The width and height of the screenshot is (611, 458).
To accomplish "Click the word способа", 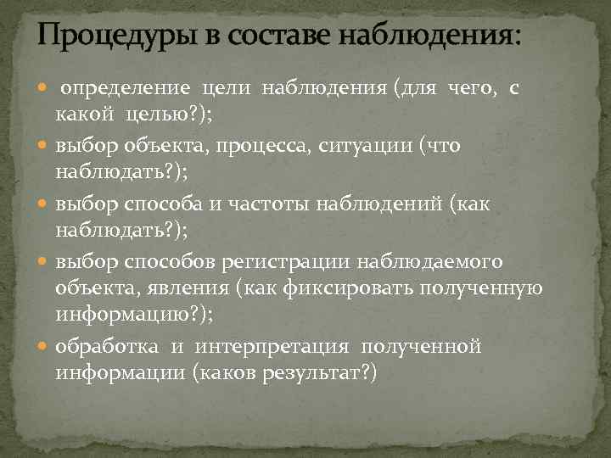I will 171,203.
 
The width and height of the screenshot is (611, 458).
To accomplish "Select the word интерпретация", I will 271,346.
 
